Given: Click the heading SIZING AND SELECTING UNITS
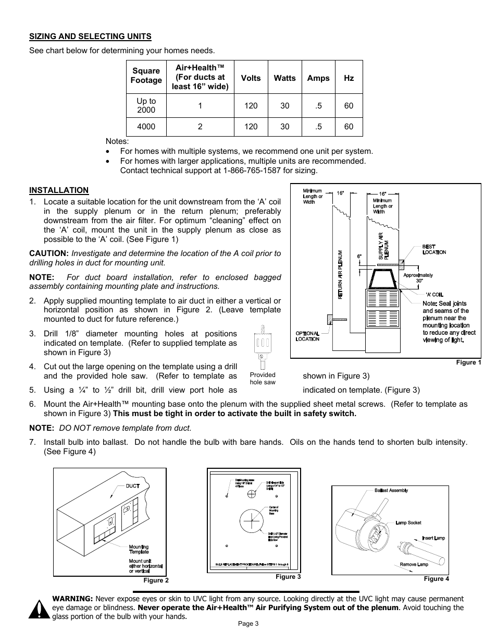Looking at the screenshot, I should [x=90, y=36].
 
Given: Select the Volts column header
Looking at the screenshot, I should [x=251, y=78].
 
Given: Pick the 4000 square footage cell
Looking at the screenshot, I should [x=146, y=127].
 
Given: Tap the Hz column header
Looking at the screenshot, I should [x=349, y=78].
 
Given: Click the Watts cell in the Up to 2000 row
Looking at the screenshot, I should [x=284, y=105].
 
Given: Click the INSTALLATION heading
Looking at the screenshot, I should [x=59, y=190].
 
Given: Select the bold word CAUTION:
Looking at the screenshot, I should [x=49, y=253].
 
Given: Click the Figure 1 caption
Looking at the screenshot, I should [x=468, y=362].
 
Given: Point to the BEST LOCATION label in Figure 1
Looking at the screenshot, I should [x=433, y=249].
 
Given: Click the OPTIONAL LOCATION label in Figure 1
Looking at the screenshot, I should [x=307, y=336].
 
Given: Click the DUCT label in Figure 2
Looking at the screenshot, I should [x=132, y=485].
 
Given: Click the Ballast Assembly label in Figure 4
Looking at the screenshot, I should [x=391, y=490].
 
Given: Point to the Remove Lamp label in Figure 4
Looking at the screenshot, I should [x=414, y=564].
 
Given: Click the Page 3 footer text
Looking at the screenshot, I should [x=248, y=623].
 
